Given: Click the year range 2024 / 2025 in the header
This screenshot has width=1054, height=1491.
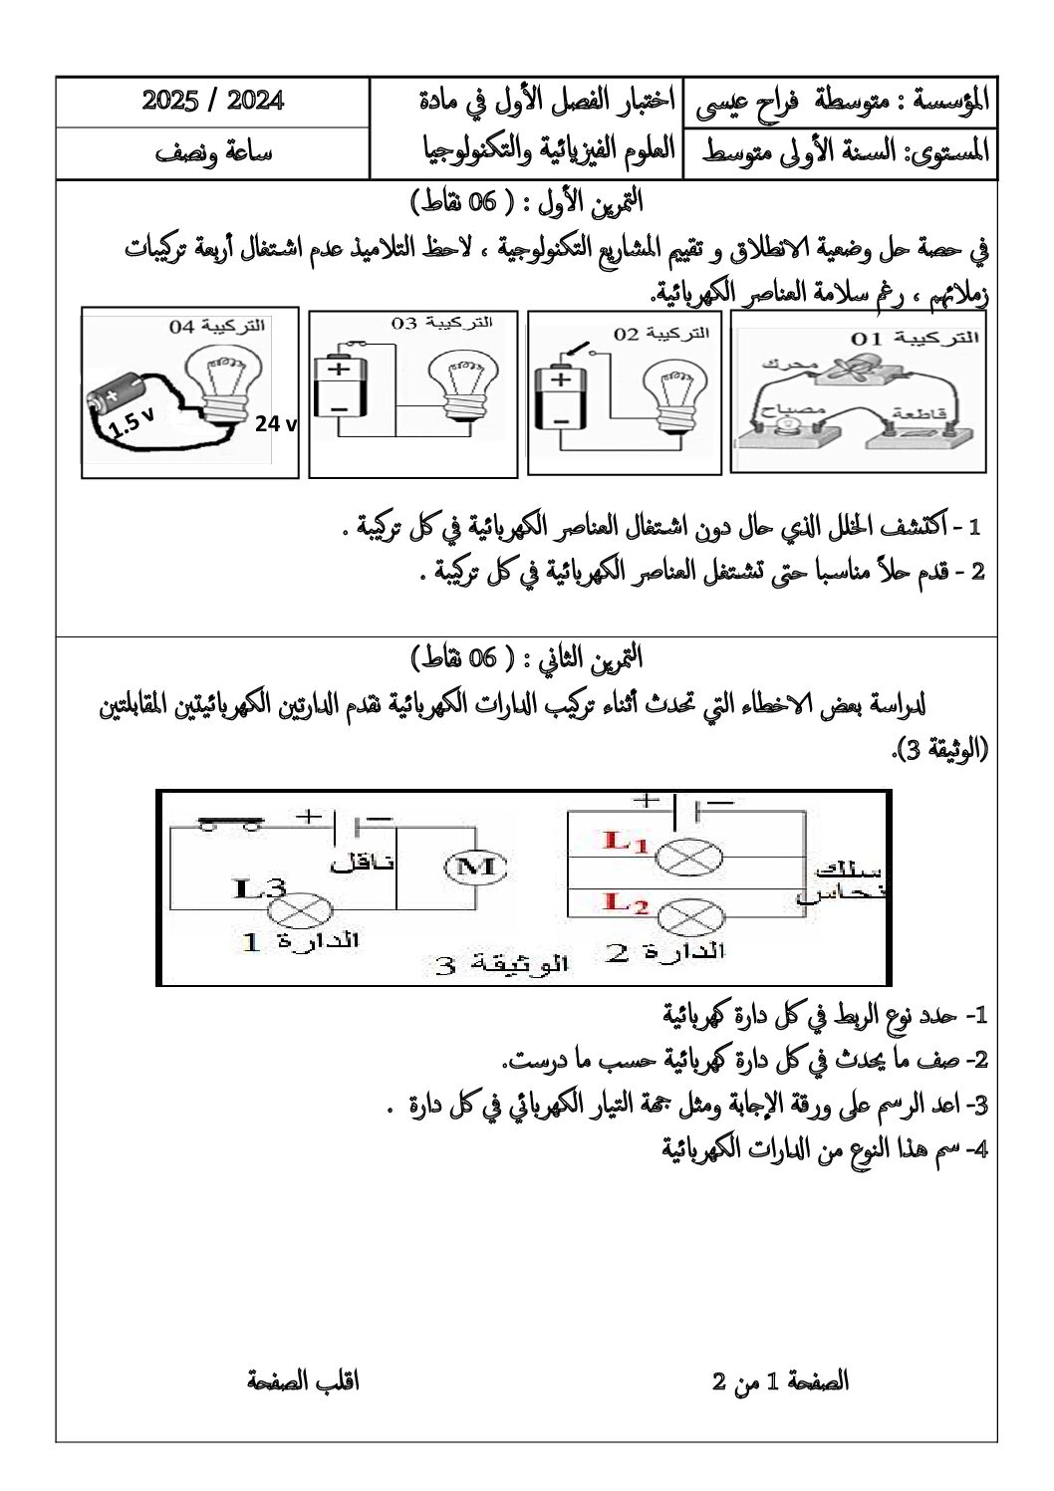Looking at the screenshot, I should [x=213, y=102].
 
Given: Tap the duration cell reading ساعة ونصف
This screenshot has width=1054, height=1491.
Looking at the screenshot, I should [x=213, y=152].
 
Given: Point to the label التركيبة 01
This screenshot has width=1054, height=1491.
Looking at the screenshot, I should [x=915, y=339].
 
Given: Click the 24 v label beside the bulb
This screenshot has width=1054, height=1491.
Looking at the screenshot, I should [x=275, y=424].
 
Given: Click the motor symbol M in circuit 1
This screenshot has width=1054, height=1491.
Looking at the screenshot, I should [x=475, y=867].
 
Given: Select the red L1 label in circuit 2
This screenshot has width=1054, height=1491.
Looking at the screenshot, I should [x=627, y=842].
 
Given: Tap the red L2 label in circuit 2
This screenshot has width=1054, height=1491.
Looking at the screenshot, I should [x=627, y=903].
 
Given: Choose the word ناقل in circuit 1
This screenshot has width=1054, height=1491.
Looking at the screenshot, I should [x=363, y=863].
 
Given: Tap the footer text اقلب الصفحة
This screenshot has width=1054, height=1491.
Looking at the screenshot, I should [x=303, y=1381].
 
